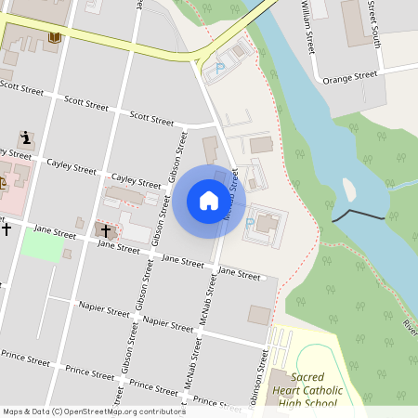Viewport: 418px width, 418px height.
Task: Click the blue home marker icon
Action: (x=208, y=201)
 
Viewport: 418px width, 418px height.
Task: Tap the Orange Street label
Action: (x=349, y=79)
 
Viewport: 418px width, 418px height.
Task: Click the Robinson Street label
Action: (x=261, y=378)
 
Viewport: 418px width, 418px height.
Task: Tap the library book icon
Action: (x=53, y=37)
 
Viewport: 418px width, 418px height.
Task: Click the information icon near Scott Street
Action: (x=26, y=137)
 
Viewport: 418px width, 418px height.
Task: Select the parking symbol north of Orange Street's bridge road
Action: (x=219, y=67)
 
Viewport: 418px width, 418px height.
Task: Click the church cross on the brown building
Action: (x=105, y=229)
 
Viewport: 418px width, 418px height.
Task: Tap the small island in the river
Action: (x=351, y=189)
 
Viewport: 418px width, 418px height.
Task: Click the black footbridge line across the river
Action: (x=359, y=216)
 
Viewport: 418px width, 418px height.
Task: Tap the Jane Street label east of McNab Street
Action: (x=239, y=275)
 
